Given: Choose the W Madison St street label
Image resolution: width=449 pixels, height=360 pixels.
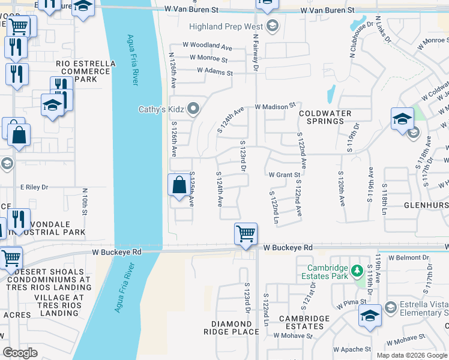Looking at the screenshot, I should pyautogui.click(x=275, y=106).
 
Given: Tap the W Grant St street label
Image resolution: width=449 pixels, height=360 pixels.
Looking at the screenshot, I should pyautogui.click(x=284, y=175).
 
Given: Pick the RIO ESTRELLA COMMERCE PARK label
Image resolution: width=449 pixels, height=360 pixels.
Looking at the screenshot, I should pyautogui.click(x=83, y=71).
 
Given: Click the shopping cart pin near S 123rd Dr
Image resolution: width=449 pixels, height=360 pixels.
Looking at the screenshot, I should pyautogui.click(x=246, y=233).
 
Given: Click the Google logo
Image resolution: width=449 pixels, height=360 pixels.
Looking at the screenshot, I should pyautogui.click(x=20, y=352).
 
